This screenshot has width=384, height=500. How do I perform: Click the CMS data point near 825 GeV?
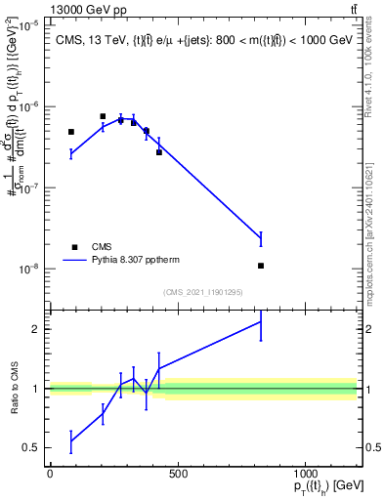(261, 266)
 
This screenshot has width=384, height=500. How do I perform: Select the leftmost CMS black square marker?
(71, 132)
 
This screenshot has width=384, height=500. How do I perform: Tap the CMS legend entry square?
(74, 247)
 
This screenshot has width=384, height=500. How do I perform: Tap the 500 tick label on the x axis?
(177, 475)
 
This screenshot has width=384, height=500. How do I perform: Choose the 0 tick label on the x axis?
(50, 475)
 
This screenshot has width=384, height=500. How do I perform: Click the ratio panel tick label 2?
(34, 329)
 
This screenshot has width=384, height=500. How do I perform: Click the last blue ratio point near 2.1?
(261, 321)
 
